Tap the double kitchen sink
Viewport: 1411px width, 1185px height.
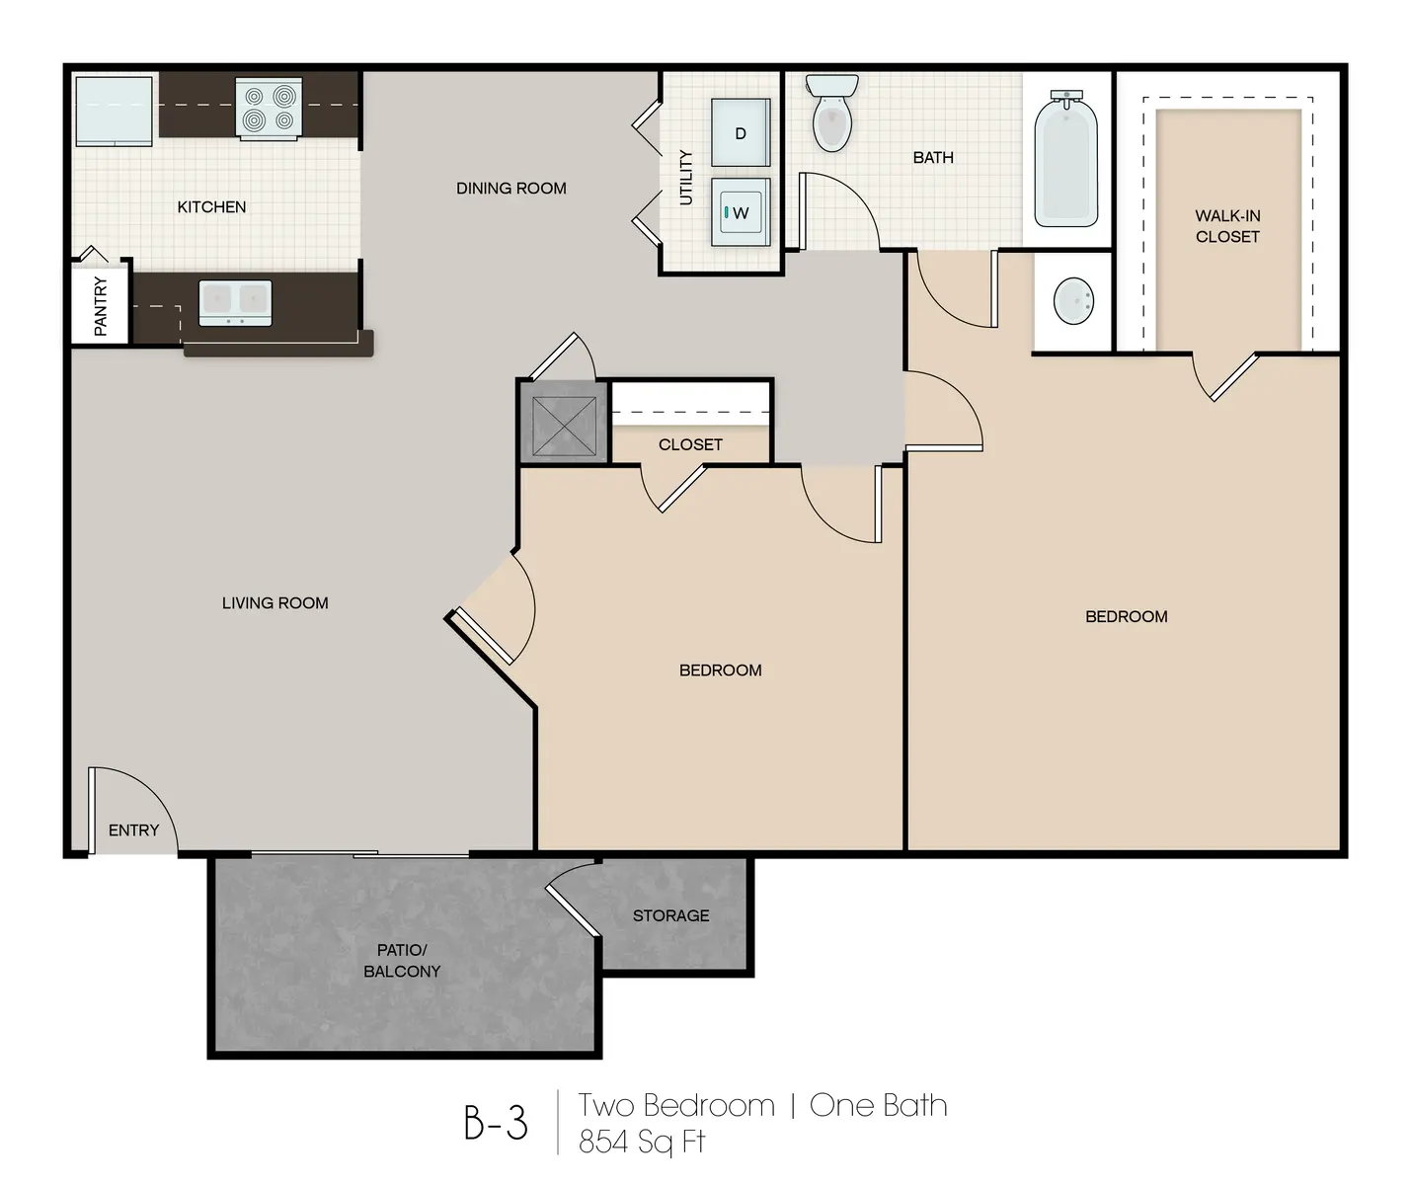coord(235,302)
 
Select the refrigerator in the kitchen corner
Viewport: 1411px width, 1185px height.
coord(114,109)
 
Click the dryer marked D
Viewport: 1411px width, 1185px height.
coord(740,133)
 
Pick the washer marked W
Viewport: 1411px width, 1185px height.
coord(740,212)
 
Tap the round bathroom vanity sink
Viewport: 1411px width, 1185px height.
coord(1073,300)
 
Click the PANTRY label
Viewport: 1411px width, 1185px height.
coord(101,306)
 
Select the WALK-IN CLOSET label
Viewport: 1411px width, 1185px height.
coord(1227,226)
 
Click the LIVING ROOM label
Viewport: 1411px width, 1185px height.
coord(274,603)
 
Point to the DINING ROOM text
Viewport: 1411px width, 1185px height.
coord(510,189)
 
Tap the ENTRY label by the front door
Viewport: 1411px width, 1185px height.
coord(133,830)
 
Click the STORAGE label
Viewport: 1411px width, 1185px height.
coord(670,916)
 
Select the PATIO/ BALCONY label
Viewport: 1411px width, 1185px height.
coord(402,961)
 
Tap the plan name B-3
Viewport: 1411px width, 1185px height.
coord(496,1123)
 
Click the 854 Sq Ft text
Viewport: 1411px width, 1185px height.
coord(642,1142)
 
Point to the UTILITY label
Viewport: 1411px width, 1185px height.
coord(686,178)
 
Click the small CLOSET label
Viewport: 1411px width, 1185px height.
coord(690,445)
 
